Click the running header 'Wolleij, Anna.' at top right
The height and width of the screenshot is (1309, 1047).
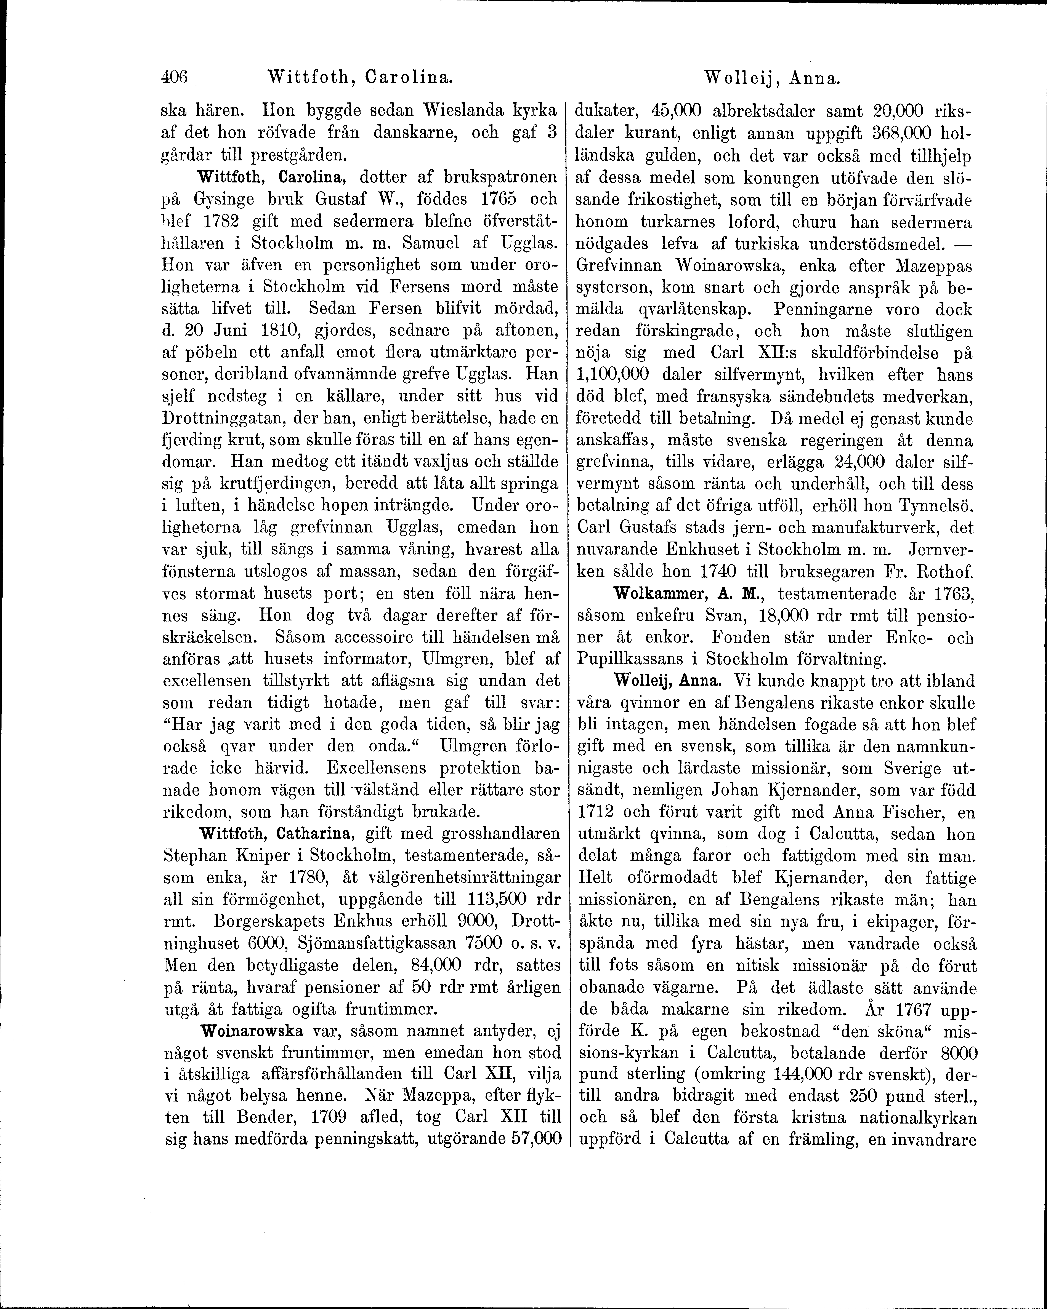click(771, 78)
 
